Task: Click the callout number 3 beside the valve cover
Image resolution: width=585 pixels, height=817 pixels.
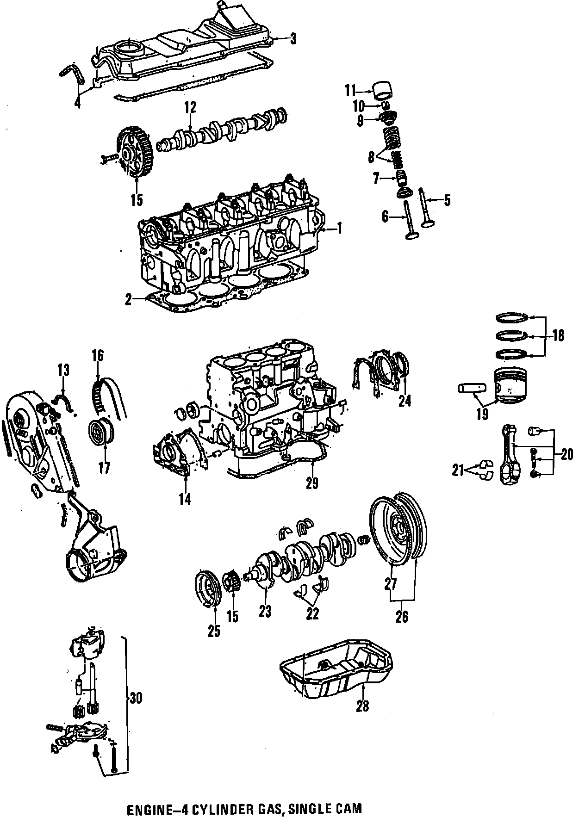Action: click(x=292, y=39)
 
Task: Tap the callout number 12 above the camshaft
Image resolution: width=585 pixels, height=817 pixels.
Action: click(x=190, y=108)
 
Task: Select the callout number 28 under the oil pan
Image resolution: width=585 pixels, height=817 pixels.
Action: click(x=362, y=706)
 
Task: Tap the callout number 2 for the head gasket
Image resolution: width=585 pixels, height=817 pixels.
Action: click(x=128, y=300)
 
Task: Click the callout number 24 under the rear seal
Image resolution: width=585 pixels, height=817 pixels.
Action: click(x=405, y=400)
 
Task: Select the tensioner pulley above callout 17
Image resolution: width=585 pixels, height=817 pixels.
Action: click(x=100, y=432)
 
